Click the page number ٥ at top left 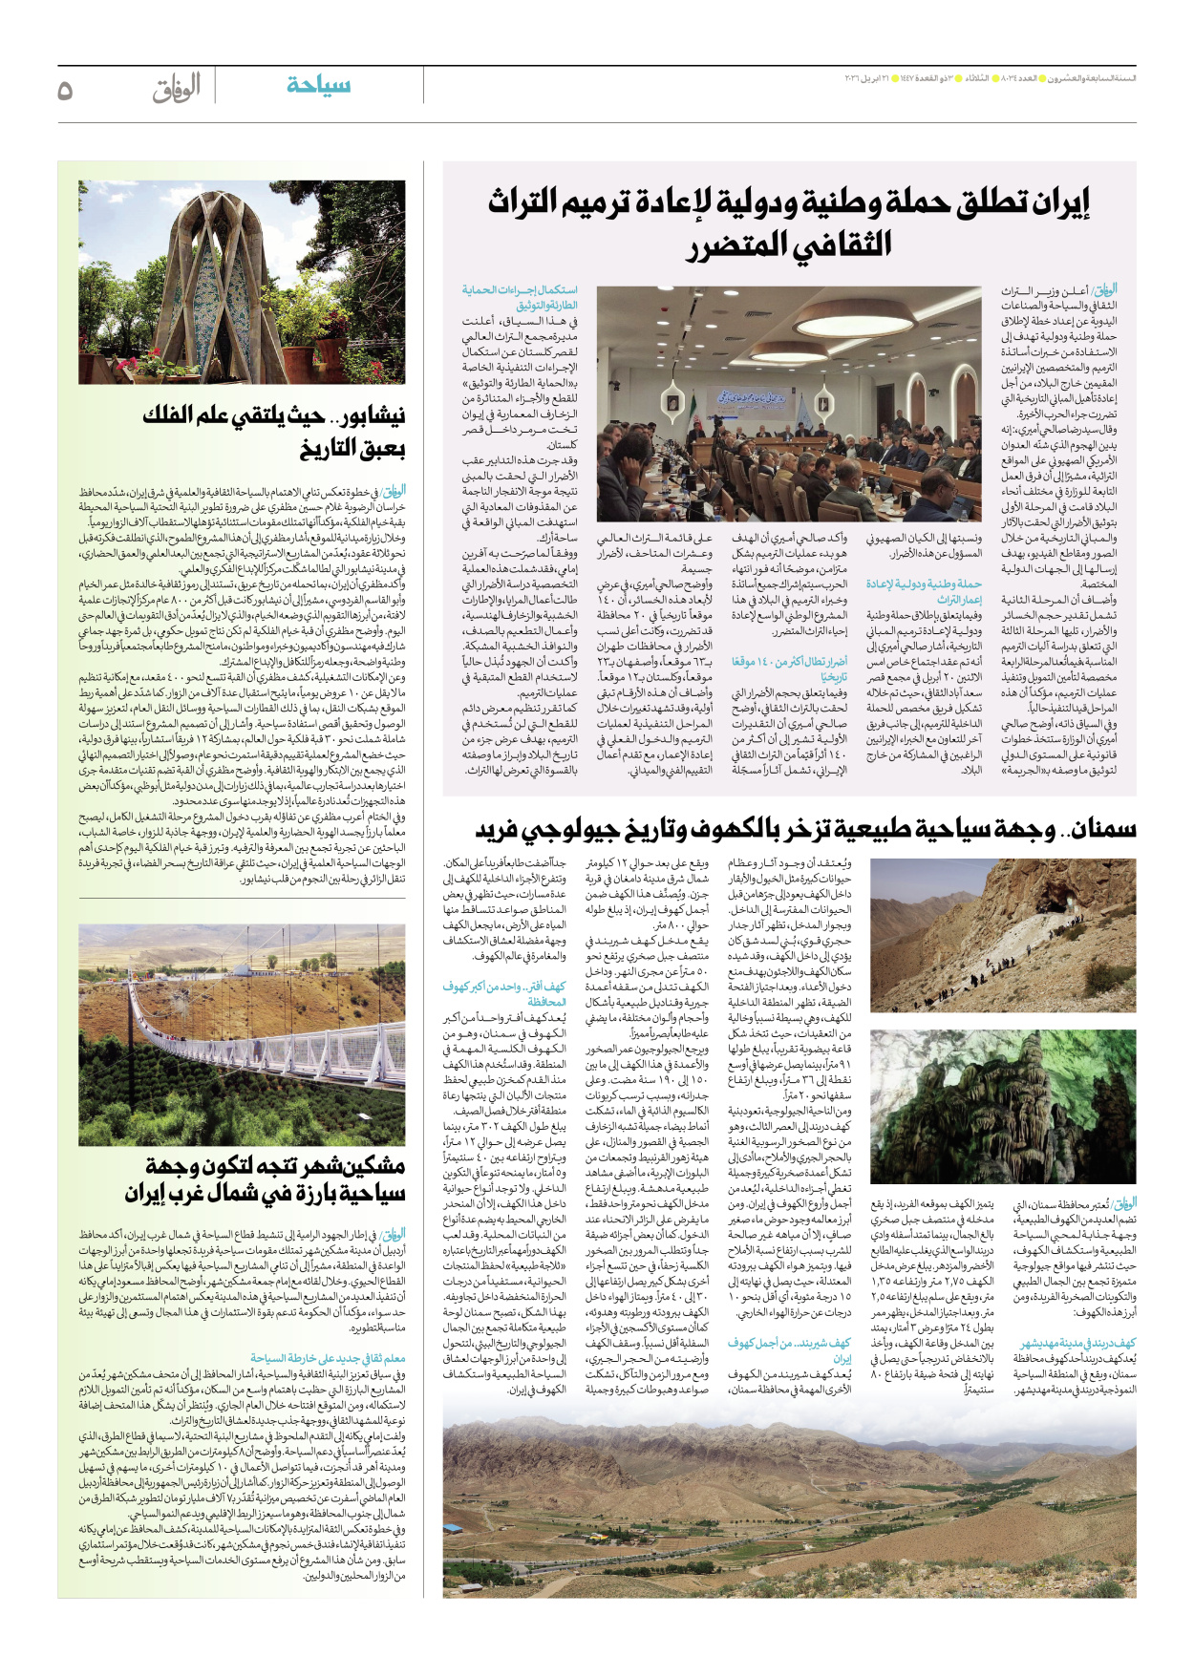tap(65, 90)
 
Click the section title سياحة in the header tap(318, 85)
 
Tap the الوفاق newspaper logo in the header tap(177, 88)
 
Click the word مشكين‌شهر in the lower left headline tap(345, 1166)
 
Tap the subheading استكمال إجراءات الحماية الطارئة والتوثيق tap(521, 297)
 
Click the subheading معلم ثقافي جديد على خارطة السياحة tap(328, 1358)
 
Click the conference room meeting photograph tap(789, 403)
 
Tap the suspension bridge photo tap(242, 1034)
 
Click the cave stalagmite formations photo tap(1003, 1105)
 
